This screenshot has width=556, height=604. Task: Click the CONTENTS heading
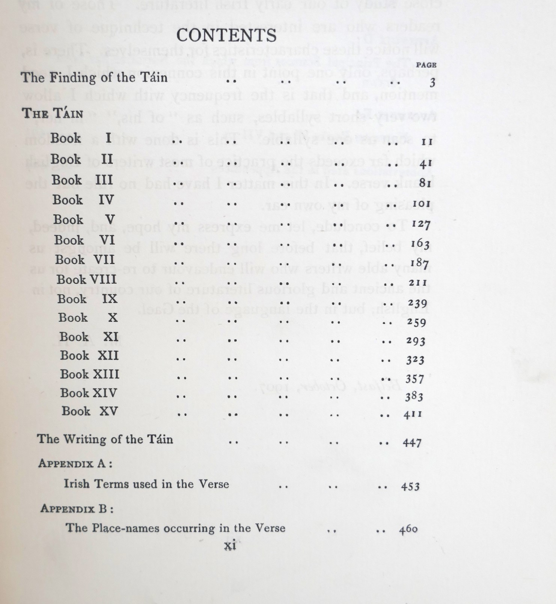pyautogui.click(x=226, y=36)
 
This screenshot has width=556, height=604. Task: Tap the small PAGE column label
pyautogui.click(x=426, y=65)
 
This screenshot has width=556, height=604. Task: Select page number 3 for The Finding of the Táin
pyautogui.click(x=432, y=82)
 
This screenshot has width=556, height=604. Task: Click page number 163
pyautogui.click(x=420, y=244)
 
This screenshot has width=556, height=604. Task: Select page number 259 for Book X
pyautogui.click(x=417, y=322)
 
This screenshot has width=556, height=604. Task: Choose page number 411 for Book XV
pyautogui.click(x=413, y=415)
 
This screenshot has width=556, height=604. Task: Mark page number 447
pyautogui.click(x=412, y=443)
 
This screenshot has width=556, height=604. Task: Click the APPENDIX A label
pyautogui.click(x=75, y=463)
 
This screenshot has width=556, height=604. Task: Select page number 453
pyautogui.click(x=410, y=487)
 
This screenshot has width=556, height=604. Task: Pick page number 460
pyautogui.click(x=408, y=530)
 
